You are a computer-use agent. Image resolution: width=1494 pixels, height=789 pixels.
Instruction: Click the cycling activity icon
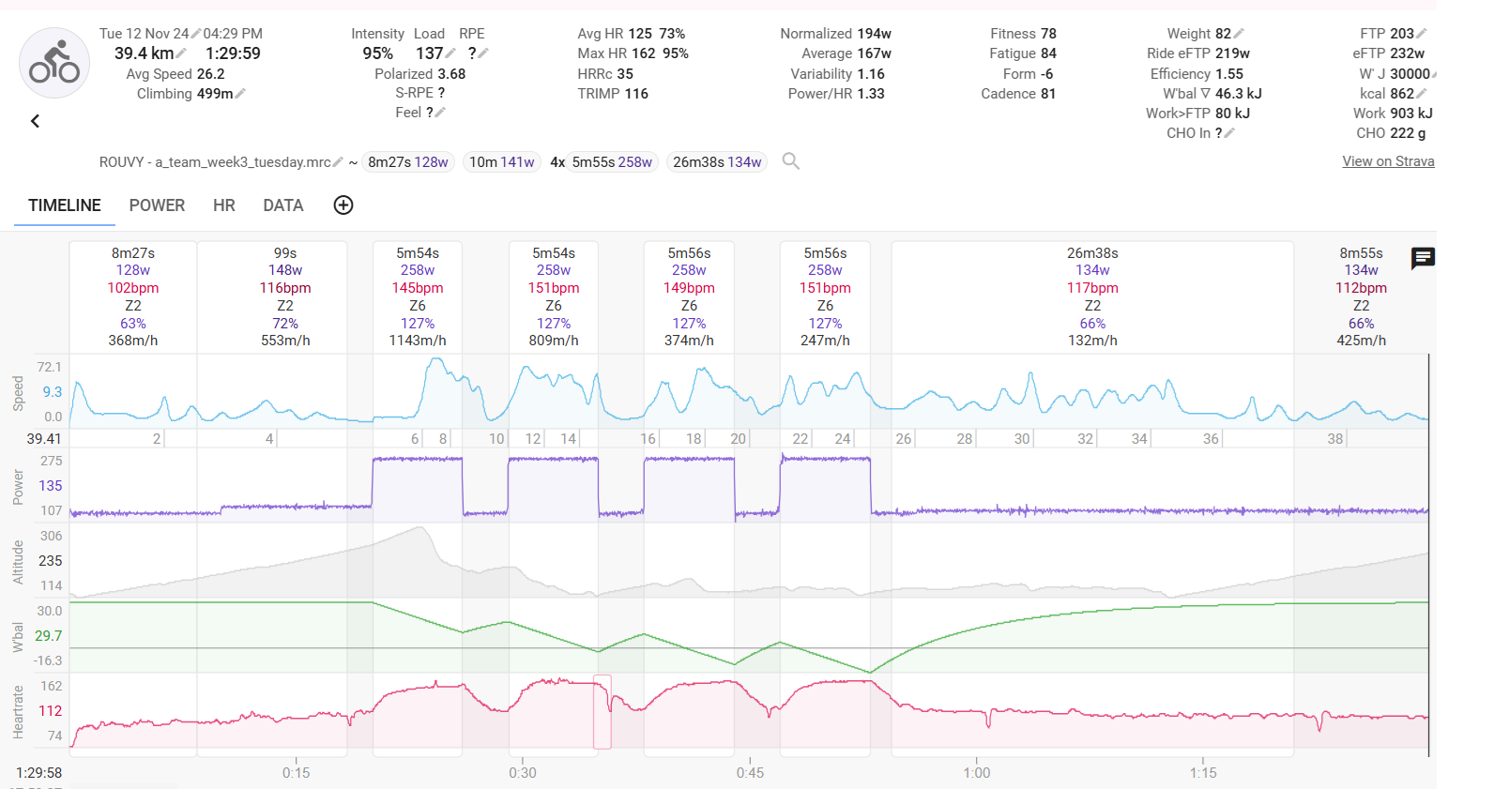[x=54, y=63]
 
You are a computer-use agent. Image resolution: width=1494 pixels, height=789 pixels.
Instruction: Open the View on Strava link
[x=1388, y=161]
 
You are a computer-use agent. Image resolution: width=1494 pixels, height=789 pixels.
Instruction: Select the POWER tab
[x=157, y=205]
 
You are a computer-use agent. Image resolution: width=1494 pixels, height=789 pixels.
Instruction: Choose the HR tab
[x=223, y=205]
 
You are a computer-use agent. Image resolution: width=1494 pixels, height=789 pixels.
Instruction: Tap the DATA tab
[x=282, y=205]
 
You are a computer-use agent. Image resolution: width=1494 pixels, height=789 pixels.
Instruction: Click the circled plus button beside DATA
[x=343, y=205]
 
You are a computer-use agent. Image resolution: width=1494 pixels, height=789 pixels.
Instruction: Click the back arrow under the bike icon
[x=35, y=121]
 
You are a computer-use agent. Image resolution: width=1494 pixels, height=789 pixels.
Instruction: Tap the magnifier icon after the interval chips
[x=791, y=161]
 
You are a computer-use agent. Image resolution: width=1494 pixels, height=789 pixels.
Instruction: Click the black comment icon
[x=1423, y=258]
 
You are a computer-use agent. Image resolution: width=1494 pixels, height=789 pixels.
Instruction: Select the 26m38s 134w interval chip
[x=717, y=162]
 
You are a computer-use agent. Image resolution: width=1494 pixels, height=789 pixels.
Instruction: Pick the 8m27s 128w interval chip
[x=407, y=162]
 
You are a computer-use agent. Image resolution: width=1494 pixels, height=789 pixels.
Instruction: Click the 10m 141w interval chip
[x=501, y=162]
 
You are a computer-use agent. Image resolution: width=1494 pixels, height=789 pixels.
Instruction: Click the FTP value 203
[x=1401, y=34]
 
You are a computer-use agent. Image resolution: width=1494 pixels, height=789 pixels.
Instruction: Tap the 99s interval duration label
[x=285, y=253]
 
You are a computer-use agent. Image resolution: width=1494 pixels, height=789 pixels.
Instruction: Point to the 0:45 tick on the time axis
[x=750, y=773]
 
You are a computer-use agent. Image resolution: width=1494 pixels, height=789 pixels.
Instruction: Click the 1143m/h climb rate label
[x=418, y=341]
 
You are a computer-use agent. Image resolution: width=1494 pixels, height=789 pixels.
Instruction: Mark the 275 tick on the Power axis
[x=51, y=461]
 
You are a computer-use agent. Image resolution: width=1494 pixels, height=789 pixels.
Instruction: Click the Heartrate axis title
[x=18, y=712]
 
